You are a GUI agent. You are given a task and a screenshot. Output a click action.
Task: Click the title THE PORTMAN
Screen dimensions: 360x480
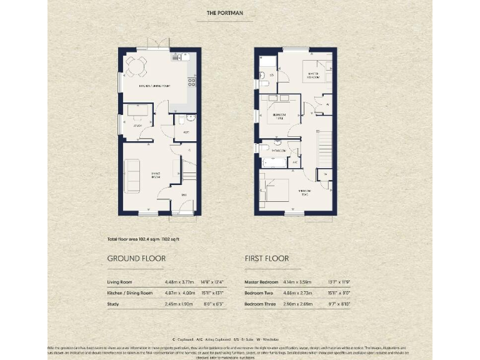224,12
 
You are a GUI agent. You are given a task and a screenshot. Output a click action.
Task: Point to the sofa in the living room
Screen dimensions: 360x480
132,176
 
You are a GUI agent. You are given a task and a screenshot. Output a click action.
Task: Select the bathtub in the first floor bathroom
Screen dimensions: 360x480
273,162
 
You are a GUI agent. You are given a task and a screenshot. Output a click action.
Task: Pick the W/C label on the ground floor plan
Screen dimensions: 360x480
186,132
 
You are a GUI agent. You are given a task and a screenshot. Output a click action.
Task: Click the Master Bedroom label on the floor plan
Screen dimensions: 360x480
312,77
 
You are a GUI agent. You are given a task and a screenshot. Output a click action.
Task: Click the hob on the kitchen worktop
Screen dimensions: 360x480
192,81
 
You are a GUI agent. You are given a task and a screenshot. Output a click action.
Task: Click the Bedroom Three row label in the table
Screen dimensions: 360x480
262,304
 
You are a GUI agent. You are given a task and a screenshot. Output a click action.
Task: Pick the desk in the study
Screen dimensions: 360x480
138,111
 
